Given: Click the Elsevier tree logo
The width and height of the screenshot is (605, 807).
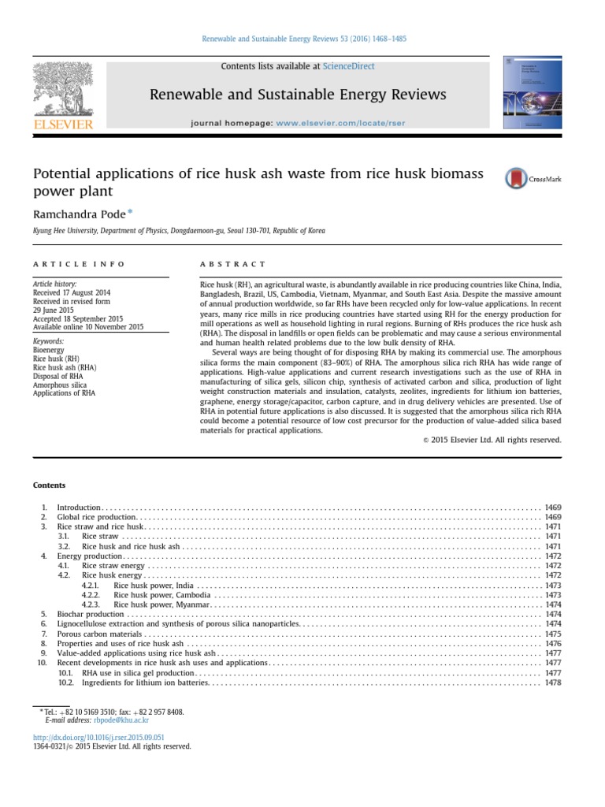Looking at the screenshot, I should (62, 90).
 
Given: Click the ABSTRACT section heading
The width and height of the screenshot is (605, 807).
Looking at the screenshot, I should (234, 264).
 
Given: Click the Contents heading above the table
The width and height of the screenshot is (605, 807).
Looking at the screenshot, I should (49, 485).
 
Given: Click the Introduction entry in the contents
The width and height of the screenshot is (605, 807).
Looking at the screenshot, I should (79, 507).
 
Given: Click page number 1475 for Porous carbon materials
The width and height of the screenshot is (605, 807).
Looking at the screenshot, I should (552, 634).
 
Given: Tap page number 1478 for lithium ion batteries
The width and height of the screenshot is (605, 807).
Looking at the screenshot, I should (552, 683).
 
